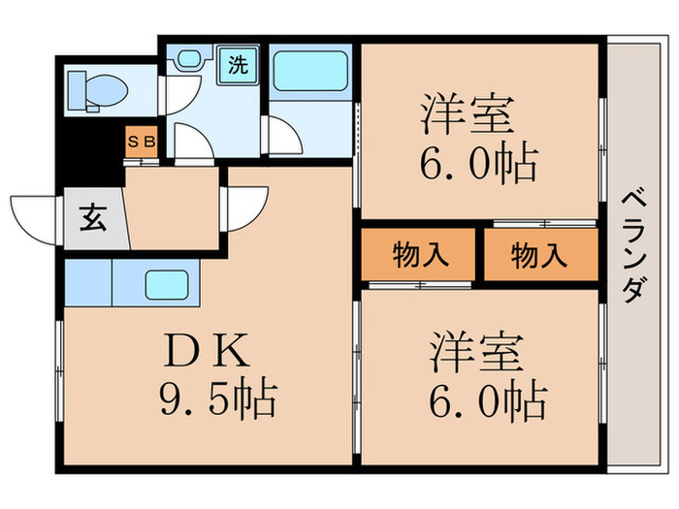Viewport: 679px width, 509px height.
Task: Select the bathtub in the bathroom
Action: click(308, 71)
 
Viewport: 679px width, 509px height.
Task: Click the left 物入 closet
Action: click(420, 256)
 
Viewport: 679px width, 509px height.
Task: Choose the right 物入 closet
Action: click(539, 256)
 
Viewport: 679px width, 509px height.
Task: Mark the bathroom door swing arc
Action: click(283, 136)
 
